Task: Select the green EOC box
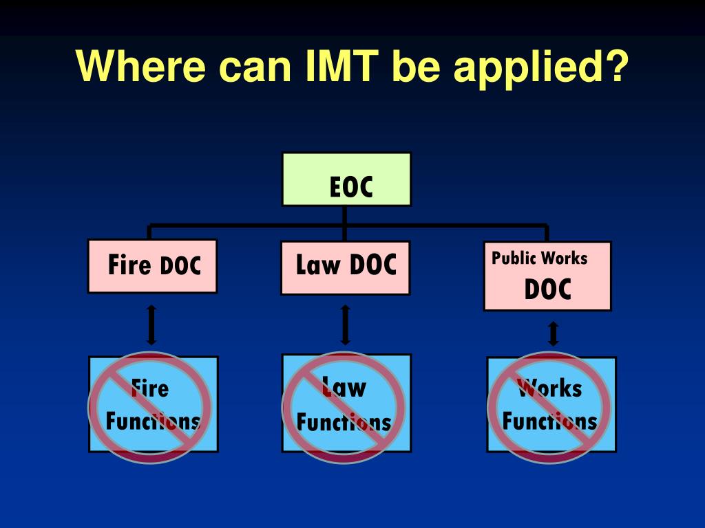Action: [346, 179]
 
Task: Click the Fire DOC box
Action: [153, 265]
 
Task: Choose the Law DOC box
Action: [346, 267]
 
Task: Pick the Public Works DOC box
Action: [547, 276]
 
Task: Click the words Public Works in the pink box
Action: [540, 258]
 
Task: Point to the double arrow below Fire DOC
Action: [152, 325]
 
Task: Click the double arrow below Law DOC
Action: [346, 325]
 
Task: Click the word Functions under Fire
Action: [153, 421]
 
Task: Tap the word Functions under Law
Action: [344, 421]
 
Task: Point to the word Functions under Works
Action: [549, 420]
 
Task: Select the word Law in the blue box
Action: [344, 388]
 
